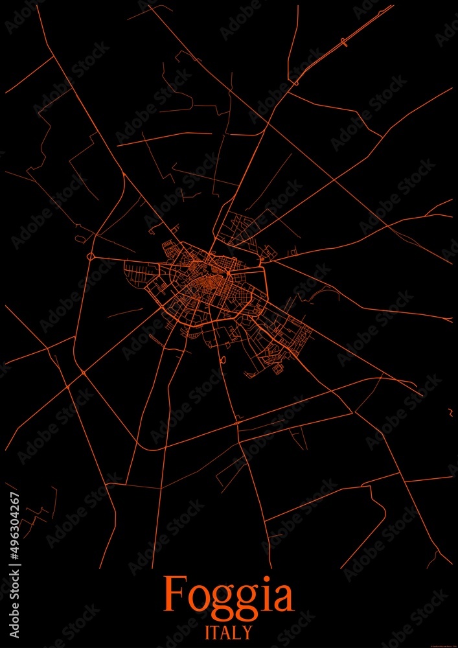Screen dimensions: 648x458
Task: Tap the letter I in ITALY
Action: tap(207, 631)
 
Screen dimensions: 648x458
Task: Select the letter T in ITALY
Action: tap(216, 631)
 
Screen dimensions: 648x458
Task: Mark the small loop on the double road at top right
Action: tap(343, 43)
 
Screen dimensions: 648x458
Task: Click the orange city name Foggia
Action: tap(229, 594)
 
